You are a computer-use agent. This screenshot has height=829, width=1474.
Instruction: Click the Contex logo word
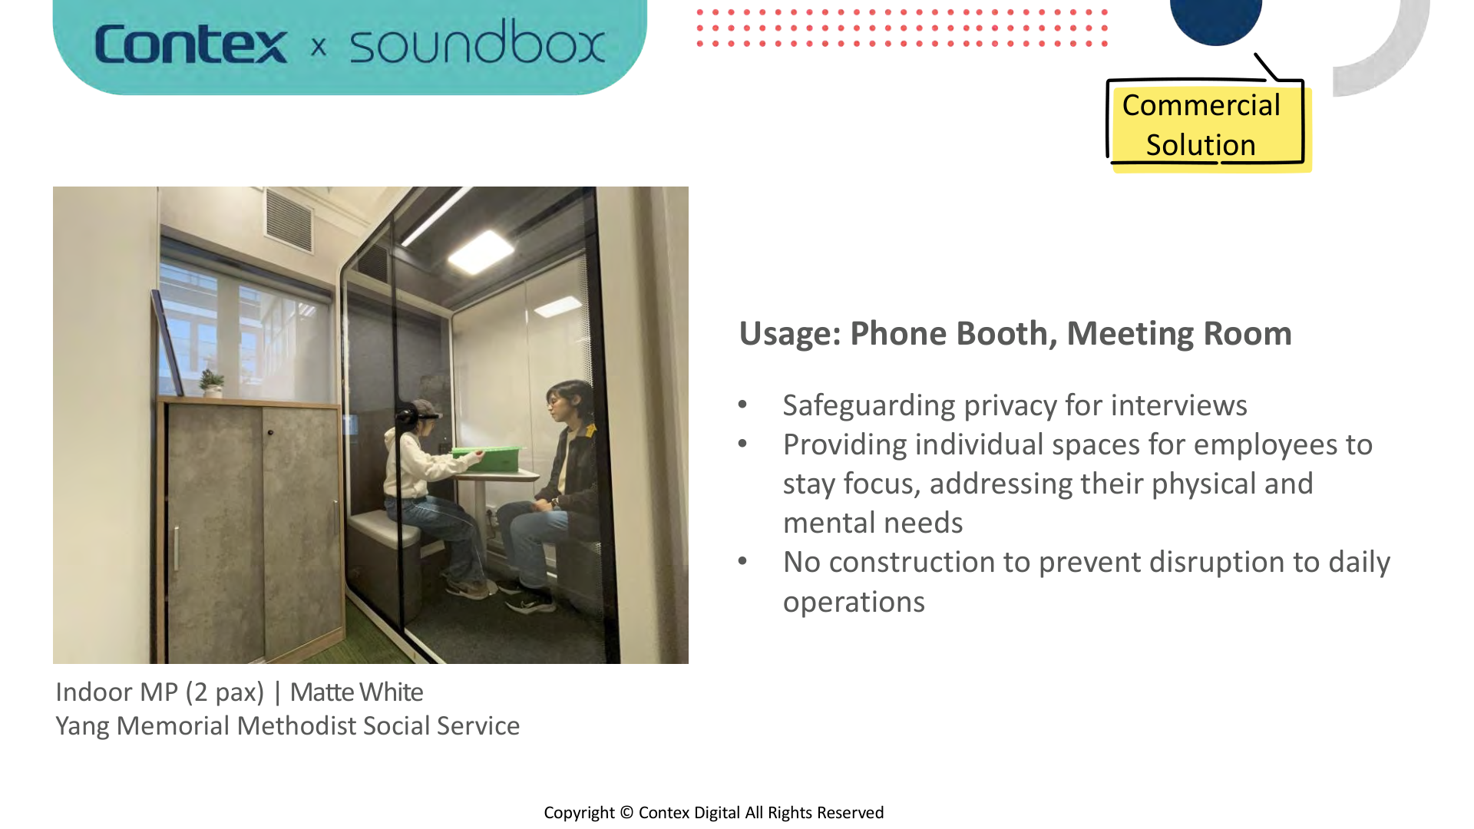(x=190, y=45)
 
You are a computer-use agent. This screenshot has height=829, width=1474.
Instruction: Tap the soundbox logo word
(x=477, y=43)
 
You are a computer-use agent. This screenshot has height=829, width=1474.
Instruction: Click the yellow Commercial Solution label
(x=1201, y=125)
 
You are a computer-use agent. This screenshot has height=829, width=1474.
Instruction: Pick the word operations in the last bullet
(x=854, y=602)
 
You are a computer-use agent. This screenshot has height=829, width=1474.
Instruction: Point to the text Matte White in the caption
(x=356, y=692)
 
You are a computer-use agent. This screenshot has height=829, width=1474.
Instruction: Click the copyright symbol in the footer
(x=626, y=813)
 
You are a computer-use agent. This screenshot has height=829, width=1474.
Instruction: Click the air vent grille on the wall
(x=289, y=218)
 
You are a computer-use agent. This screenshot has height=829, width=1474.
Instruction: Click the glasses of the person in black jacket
(x=555, y=399)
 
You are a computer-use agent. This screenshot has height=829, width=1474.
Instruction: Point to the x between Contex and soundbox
(x=319, y=48)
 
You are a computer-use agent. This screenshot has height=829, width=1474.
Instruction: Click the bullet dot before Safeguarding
(x=742, y=405)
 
